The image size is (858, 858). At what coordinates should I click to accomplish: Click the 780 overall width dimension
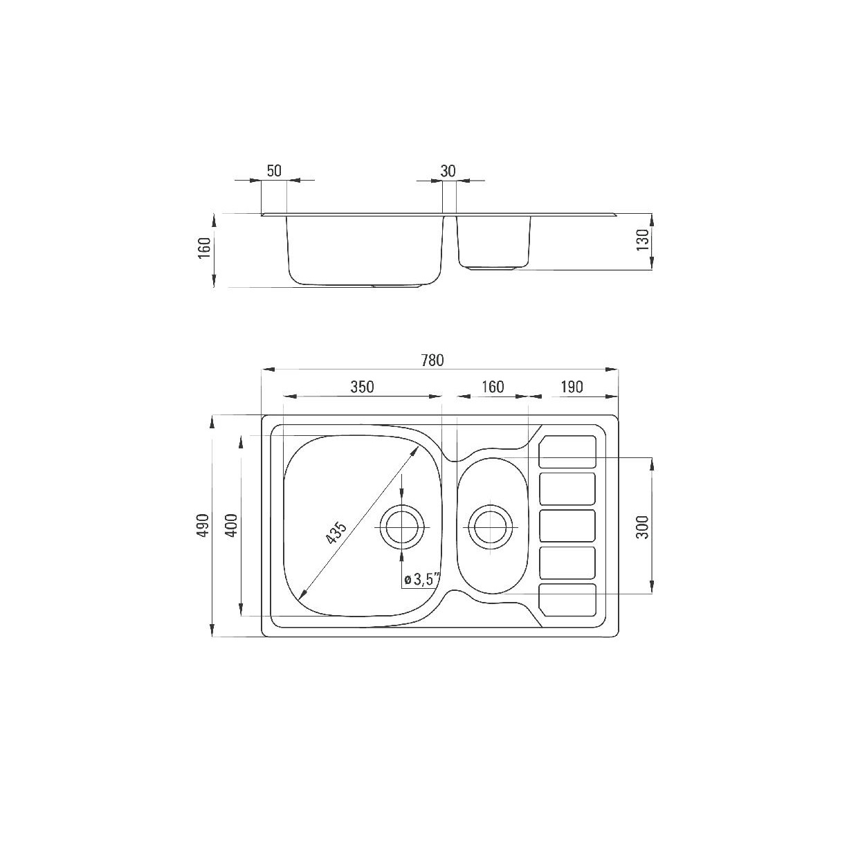pos(432,360)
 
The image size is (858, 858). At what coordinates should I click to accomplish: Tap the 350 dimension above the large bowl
pos(362,387)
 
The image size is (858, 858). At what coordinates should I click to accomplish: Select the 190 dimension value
pos(572,387)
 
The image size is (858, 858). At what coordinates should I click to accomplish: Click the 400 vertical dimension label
pos(232,525)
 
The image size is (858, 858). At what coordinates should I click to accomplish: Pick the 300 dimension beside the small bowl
pos(643,527)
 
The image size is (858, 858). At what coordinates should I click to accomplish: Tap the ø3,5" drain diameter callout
pos(422,579)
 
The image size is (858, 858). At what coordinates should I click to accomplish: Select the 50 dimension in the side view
pos(274,170)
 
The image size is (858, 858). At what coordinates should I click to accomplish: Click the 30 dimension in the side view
pos(448,170)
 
